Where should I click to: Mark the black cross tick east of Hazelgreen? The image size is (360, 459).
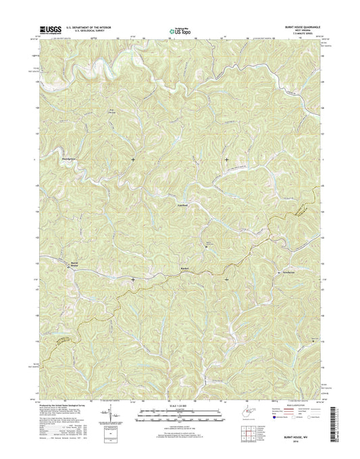coord(132,160)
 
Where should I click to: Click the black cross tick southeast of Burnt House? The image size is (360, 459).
coord(132,279)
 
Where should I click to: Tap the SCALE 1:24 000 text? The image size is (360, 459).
coord(179,406)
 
